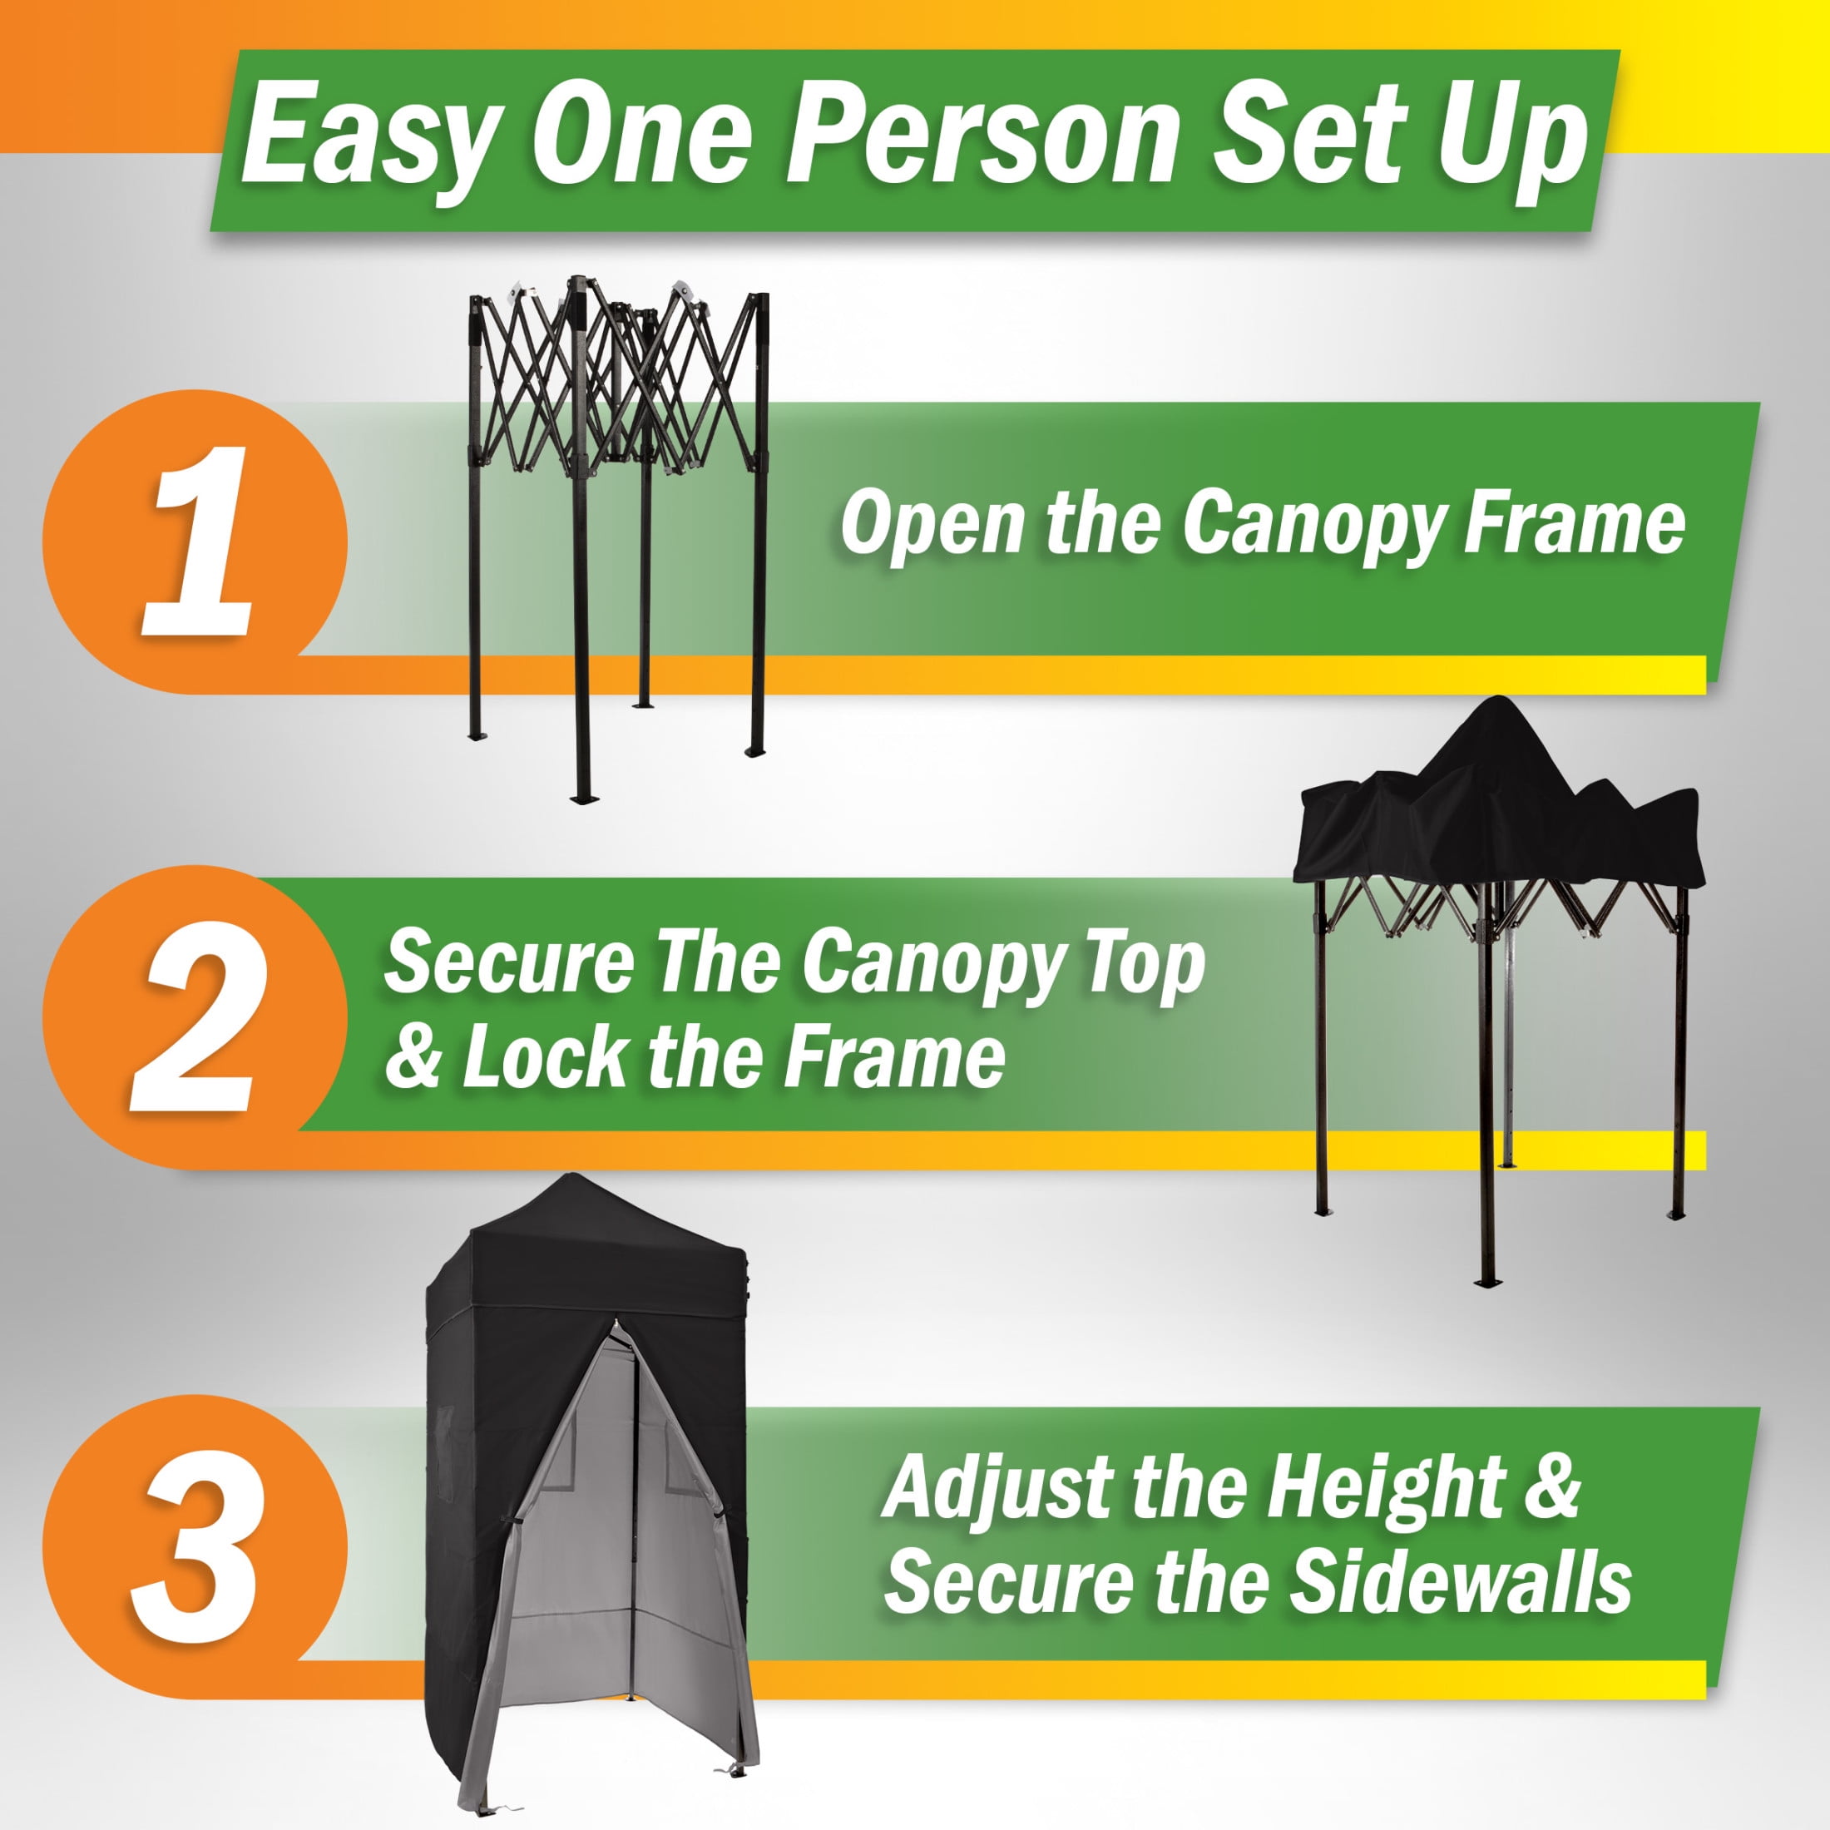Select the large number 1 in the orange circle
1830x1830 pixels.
coord(200,542)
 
